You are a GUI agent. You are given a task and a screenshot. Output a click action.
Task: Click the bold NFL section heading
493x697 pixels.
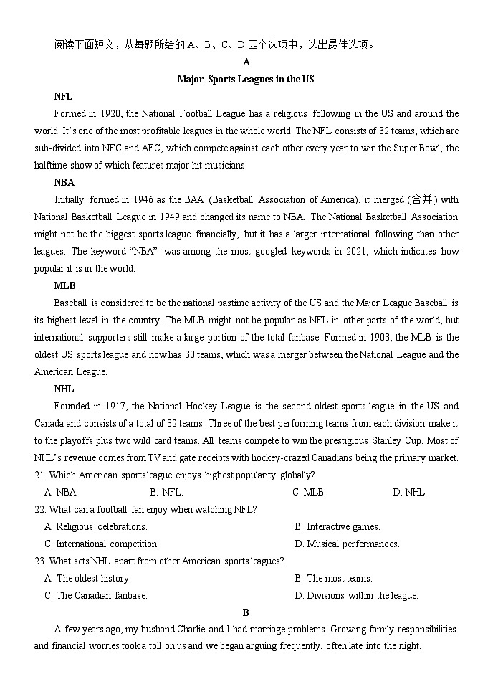[x=63, y=97]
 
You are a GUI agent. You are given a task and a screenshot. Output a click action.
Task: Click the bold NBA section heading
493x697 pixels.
[x=64, y=183]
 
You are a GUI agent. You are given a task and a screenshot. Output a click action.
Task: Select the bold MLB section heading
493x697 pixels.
[x=64, y=286]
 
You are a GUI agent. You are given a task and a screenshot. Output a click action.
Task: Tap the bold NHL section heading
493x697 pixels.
[x=64, y=389]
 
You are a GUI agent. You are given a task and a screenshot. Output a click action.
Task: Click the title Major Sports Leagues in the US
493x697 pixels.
[x=246, y=80]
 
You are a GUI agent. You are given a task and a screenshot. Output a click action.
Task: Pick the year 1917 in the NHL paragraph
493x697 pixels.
[x=115, y=407]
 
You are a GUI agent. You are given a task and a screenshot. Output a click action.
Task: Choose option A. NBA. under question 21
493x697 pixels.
[x=61, y=493]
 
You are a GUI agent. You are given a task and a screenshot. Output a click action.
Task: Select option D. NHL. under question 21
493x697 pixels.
[x=409, y=493]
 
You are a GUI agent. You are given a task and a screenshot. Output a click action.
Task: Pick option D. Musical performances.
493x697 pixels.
[x=347, y=544]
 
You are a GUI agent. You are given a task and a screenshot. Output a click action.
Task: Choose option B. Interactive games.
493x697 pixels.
[x=337, y=527]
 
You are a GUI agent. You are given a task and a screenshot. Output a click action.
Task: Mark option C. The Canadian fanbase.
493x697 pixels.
[x=95, y=596]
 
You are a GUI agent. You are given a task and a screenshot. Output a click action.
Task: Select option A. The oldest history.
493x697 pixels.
[x=87, y=579]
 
